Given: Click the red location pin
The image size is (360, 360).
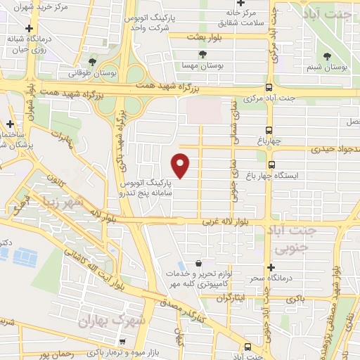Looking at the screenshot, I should tap(181, 165).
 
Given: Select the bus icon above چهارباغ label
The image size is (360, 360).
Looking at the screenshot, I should tap(269, 130).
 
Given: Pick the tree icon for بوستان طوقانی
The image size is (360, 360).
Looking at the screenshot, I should tap(92, 62).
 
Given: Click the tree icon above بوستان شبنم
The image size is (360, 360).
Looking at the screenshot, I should tap(326, 57).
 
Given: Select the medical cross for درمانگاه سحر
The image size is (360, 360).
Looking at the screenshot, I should tap(270, 267).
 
